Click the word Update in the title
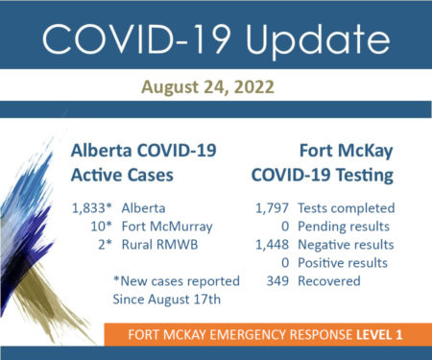(318, 39)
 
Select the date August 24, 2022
(207, 87)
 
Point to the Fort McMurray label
(167, 227)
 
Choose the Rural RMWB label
(159, 245)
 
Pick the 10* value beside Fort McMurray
(101, 227)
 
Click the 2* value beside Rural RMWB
(106, 245)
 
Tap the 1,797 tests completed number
(272, 208)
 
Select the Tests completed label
(347, 208)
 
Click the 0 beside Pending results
(285, 227)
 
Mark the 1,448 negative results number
(272, 245)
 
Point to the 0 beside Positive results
(285, 263)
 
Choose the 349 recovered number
(277, 281)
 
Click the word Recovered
(329, 281)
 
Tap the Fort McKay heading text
(347, 152)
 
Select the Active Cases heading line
(122, 176)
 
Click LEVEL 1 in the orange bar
(379, 335)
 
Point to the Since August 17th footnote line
(167, 300)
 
